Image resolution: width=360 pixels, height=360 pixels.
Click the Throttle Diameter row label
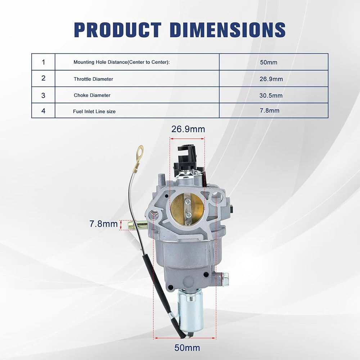93,79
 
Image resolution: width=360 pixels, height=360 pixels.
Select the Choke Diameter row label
92,95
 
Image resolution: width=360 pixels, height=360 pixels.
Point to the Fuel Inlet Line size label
94,111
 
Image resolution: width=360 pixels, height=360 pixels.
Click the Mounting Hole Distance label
121,62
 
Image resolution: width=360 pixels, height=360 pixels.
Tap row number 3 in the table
43,95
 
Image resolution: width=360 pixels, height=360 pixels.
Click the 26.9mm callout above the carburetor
188,129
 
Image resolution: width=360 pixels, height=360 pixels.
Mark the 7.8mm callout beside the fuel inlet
103,224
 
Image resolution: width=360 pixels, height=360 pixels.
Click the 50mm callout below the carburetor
187,348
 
